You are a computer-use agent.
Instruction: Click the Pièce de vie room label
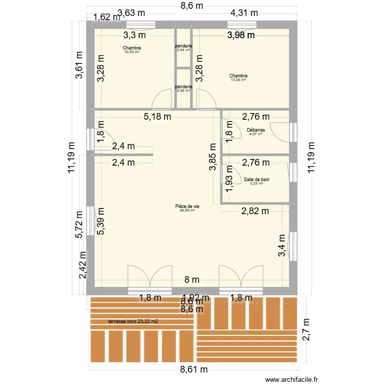[187, 206]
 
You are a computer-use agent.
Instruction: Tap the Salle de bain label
[256, 180]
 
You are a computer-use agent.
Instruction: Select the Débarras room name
[255, 131]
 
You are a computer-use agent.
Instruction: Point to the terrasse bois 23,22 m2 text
[133, 321]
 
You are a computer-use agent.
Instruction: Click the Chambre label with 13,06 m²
[238, 76]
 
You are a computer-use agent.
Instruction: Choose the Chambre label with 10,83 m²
[132, 48]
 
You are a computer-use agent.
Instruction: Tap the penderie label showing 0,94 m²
[184, 46]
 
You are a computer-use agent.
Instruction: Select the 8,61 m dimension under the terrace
[193, 369]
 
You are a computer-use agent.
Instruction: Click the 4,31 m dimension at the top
[244, 13]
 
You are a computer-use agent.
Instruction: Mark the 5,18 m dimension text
[157, 117]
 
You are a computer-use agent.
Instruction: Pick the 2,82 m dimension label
[255, 211]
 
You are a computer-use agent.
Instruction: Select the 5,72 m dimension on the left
[79, 225]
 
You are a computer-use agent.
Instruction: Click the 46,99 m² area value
[187, 211]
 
